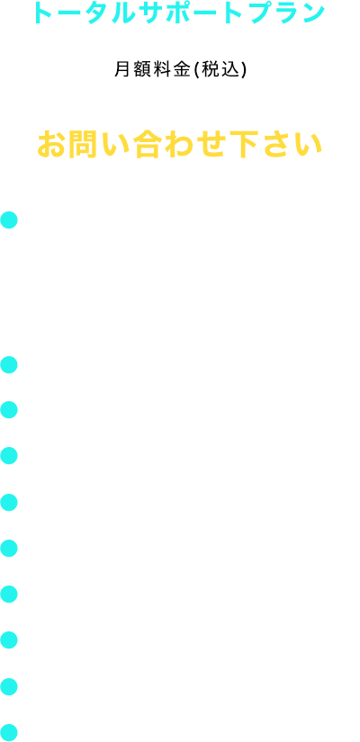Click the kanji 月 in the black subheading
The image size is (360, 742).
point(121,69)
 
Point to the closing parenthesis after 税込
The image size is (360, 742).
point(241,70)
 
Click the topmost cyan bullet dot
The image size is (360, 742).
point(9,220)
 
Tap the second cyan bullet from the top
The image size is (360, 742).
point(9,365)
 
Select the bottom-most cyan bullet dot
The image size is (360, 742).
point(9,732)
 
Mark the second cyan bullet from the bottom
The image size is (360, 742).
point(9,686)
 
